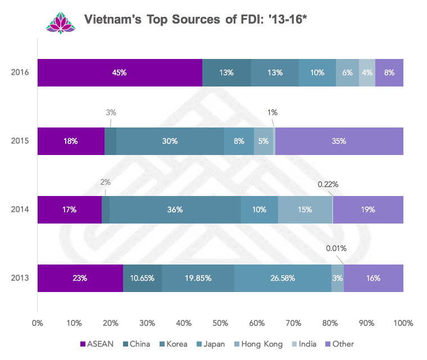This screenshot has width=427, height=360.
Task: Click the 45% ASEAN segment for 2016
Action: coord(120,72)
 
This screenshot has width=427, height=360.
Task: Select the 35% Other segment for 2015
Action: coord(339,141)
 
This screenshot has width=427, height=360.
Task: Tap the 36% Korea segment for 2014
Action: coord(175,209)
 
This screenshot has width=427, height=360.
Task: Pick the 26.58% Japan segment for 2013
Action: coord(283,278)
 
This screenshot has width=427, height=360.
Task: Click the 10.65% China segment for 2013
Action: coord(142,278)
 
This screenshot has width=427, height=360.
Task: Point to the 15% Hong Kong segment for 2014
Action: coord(305,209)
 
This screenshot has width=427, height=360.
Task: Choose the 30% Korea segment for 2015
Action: coord(170,141)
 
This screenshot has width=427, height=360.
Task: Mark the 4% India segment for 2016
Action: coord(367,72)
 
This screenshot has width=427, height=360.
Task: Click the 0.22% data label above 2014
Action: coord(328,184)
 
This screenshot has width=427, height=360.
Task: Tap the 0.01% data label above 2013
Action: coord(336,248)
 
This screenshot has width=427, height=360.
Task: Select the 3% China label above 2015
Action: coord(111,112)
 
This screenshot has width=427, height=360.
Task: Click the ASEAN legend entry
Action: coord(97,344)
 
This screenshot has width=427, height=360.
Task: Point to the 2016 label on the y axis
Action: coord(19,72)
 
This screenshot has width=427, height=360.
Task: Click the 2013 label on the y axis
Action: coord(19,278)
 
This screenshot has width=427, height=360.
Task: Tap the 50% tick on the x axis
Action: coord(220,323)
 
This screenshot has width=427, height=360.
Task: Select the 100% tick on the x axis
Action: coord(403,323)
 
